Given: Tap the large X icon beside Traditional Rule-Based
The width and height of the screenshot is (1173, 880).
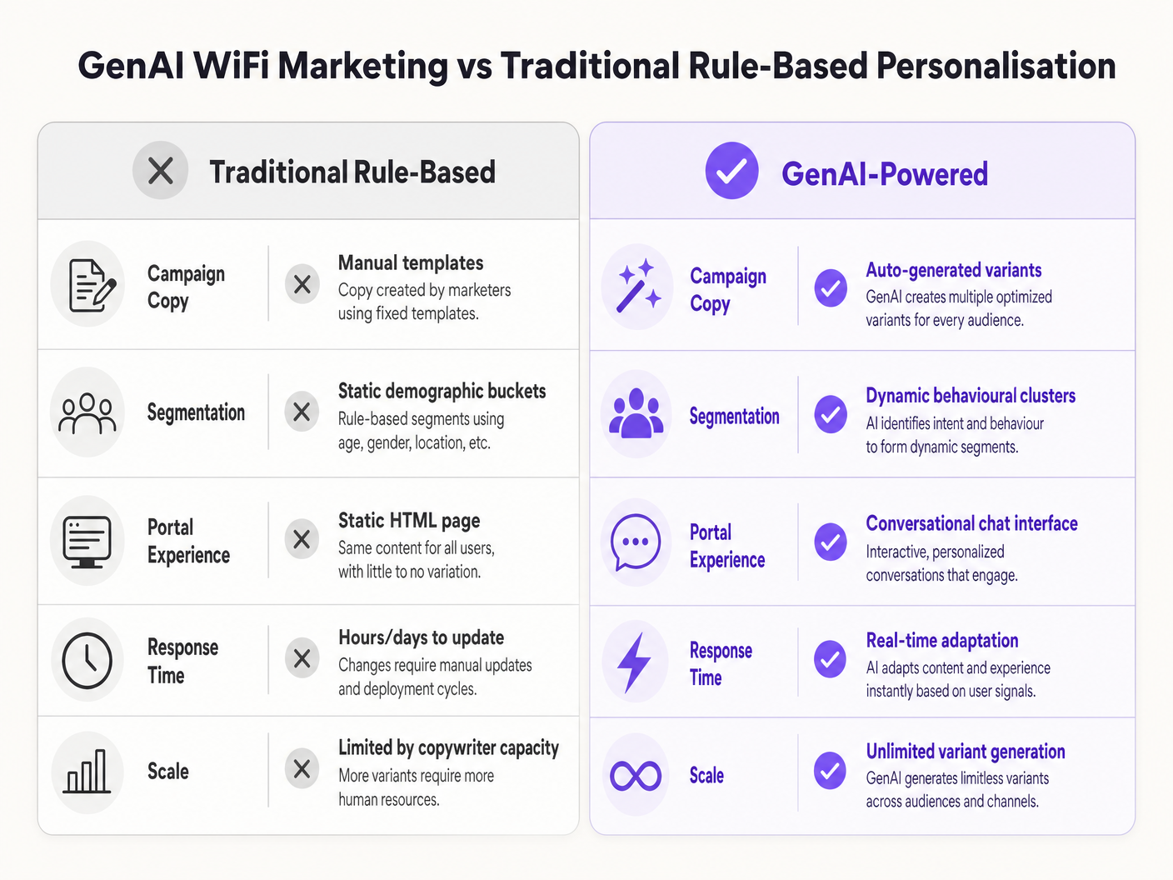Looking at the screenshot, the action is [160, 171].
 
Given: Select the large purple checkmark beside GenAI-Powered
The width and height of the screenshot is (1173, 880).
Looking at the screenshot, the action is [731, 171].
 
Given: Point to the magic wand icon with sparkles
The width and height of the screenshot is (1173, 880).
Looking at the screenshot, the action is [638, 286].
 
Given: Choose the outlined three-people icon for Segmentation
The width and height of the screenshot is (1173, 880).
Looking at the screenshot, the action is [87, 413].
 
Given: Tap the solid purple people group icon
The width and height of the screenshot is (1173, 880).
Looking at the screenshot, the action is [636, 413].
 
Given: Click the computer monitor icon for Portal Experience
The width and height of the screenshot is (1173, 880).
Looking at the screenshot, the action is [87, 542].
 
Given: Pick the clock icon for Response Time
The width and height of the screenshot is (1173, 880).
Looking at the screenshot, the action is [87, 660].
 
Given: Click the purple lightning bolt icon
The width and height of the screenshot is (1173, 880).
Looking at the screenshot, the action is [634, 662].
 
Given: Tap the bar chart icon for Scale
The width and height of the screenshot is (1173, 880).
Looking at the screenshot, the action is [87, 771].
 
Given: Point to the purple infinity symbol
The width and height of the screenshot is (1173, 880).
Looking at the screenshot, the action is [636, 776].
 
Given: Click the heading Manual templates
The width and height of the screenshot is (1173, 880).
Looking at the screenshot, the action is [411, 262].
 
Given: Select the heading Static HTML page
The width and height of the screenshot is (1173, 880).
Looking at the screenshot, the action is [409, 520].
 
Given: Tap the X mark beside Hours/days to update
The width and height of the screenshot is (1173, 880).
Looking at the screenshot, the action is [302, 658].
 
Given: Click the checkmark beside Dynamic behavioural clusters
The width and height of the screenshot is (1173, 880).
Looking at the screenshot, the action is [831, 414].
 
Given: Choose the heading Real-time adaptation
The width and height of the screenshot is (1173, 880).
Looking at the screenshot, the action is [942, 640].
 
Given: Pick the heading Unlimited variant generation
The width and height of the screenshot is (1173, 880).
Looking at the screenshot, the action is [966, 751].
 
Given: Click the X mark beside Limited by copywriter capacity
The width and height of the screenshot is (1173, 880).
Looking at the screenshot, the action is [302, 769].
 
